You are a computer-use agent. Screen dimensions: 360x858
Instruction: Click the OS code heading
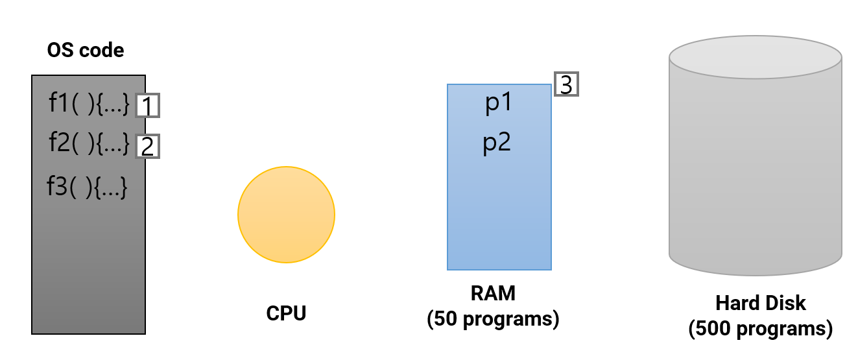[86, 50]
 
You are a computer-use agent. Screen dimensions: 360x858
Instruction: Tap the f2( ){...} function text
[89, 143]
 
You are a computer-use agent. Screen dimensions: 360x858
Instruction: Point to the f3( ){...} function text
[86, 187]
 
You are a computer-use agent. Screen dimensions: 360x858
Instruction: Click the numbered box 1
[147, 106]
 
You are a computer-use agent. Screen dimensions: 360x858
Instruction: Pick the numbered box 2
[147, 147]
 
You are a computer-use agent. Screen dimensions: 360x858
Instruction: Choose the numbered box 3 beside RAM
[566, 84]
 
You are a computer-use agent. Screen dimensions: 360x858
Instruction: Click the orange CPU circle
[286, 215]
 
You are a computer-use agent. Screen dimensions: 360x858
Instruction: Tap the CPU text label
[286, 313]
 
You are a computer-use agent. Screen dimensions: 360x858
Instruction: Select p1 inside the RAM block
[498, 104]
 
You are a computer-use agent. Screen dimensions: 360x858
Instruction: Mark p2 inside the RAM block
[498, 143]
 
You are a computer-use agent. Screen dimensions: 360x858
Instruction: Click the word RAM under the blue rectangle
[493, 294]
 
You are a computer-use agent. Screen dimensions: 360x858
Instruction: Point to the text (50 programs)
[493, 319]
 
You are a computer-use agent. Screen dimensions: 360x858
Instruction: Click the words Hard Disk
[761, 303]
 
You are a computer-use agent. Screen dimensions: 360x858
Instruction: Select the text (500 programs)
[761, 328]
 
